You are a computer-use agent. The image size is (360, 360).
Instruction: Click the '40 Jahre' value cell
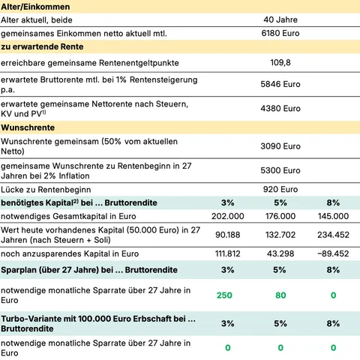coord(280,19)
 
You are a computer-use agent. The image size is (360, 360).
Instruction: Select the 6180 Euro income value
coord(280,34)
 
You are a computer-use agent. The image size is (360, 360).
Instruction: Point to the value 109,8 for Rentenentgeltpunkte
coord(280,63)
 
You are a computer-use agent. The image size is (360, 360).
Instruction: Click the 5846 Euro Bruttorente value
coord(280,85)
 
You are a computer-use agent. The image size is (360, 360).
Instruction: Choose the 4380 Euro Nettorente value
coord(280,108)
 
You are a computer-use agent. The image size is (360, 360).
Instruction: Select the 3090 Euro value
coord(280,146)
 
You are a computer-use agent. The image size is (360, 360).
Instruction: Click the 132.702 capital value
coord(280,234)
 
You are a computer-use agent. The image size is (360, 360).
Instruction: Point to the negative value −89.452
coord(333,254)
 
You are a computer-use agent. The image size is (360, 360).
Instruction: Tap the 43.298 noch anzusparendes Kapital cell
coord(280,254)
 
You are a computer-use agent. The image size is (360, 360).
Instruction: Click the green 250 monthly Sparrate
coord(226,295)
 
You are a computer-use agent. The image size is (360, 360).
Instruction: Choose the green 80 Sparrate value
coord(280,295)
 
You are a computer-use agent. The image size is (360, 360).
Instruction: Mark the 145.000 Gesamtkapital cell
coord(333,217)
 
